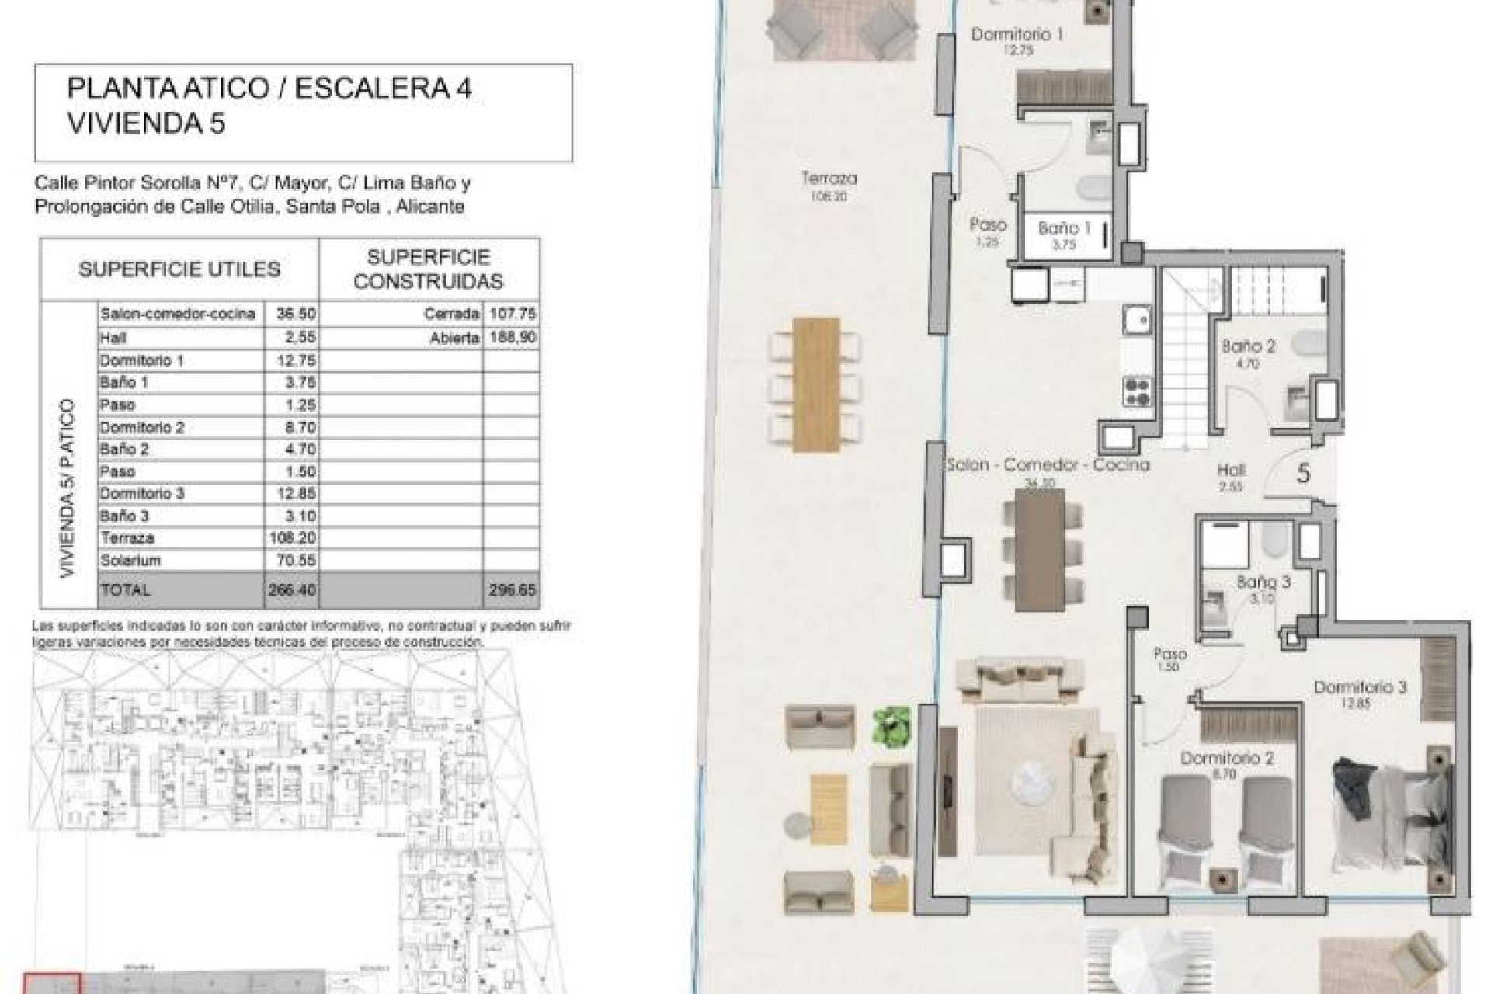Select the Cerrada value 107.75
pyautogui.click(x=513, y=314)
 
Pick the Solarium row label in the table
pyautogui.click(x=130, y=560)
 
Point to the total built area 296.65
pyautogui.click(x=512, y=590)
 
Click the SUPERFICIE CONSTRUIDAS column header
pyautogui.click(x=428, y=269)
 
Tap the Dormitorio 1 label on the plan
pyautogui.click(x=1017, y=35)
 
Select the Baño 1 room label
pyautogui.click(x=1064, y=228)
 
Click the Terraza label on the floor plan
pyautogui.click(x=829, y=179)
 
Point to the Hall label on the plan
pyautogui.click(x=1232, y=471)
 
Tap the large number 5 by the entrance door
pyautogui.click(x=1304, y=473)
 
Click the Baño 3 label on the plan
pyautogui.click(x=1263, y=582)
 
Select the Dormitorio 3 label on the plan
pyautogui.click(x=1360, y=687)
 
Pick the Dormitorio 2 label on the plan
pyautogui.click(x=1227, y=758)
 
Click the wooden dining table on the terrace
pyautogui.click(x=816, y=384)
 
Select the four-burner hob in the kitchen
pyautogui.click(x=1138, y=391)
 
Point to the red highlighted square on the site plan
pyautogui.click(x=51, y=983)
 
